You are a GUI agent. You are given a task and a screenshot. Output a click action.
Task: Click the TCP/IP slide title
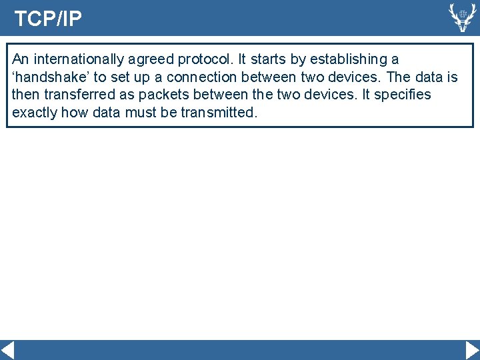click(48, 19)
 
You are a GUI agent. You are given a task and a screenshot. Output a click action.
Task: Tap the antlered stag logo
click(461, 17)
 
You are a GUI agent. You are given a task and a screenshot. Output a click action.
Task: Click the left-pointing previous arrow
click(8, 350)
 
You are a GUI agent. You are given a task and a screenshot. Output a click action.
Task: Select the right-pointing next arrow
click(471, 350)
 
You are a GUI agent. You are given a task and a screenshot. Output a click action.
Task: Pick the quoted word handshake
click(43, 77)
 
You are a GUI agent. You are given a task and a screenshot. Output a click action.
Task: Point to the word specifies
click(403, 95)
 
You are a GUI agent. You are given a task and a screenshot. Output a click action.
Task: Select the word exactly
click(35, 112)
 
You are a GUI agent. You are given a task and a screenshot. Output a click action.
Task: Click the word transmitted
click(219, 112)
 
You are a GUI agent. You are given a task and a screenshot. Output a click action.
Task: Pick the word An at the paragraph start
click(20, 59)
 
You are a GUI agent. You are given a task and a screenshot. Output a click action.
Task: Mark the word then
click(25, 95)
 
